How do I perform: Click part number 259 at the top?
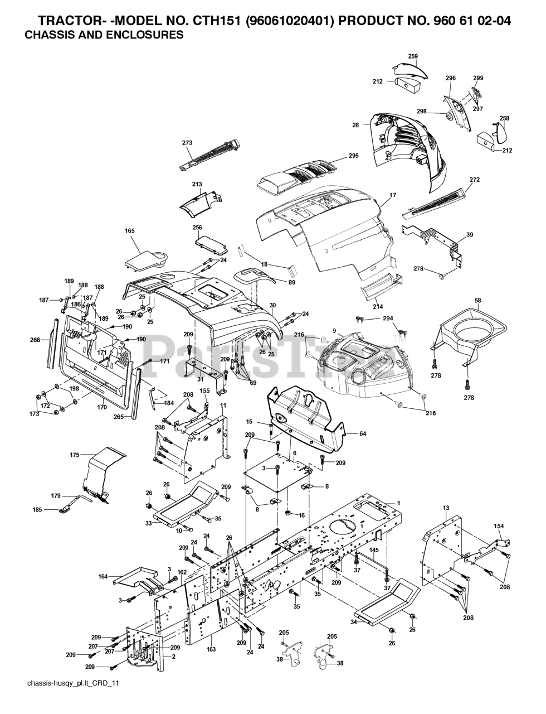point(413,56)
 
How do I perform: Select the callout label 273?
point(187,143)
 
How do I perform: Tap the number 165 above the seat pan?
point(130,231)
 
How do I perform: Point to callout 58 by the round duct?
point(478,301)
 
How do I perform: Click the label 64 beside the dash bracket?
point(362,434)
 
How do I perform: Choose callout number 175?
point(75,455)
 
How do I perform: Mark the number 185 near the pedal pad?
point(37,510)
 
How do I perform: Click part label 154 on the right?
point(499,526)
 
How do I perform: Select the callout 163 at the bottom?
point(211,649)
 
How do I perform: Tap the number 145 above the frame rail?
point(374,549)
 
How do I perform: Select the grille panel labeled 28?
point(407,151)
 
